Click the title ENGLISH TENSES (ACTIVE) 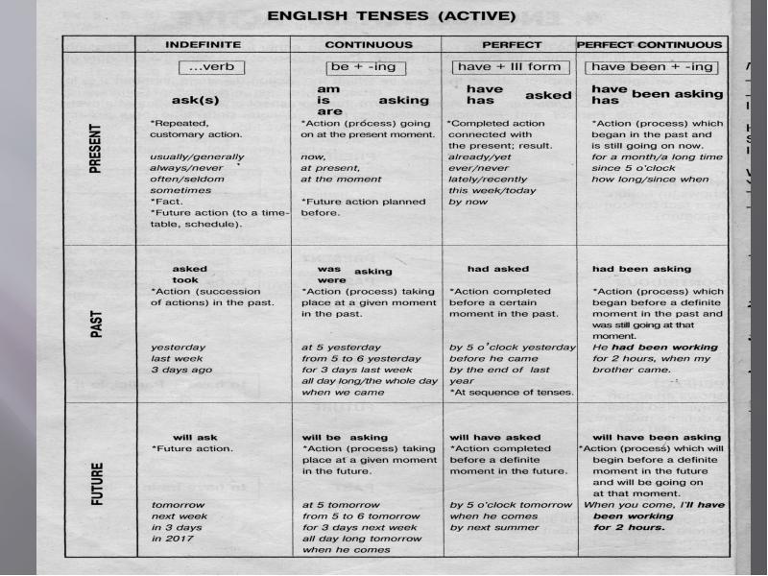point(390,16)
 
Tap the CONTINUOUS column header point(369,44)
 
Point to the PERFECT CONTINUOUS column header point(649,44)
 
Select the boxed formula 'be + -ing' point(362,67)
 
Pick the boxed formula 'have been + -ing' point(653,67)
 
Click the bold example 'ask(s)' point(195,100)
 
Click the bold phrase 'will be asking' point(345,437)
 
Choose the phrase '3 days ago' point(181,370)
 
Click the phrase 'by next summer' point(492,527)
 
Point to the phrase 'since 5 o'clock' point(633,168)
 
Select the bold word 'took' point(185,280)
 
